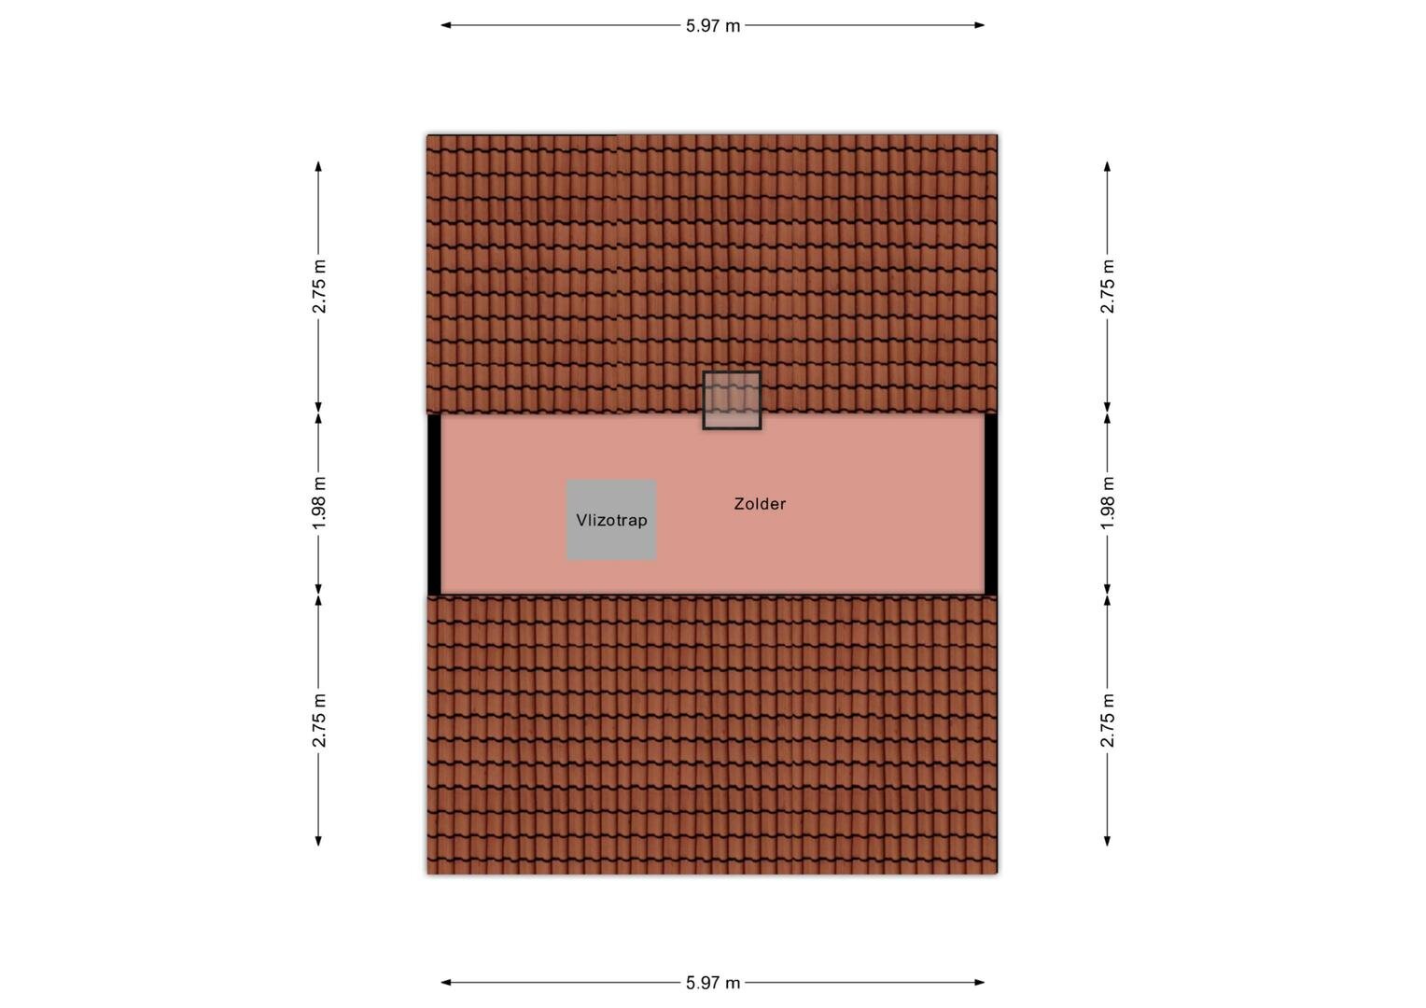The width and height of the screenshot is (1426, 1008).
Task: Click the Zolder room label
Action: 760,504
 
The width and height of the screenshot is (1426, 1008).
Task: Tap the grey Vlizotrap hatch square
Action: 611,520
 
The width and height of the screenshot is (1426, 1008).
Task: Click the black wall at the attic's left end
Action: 434,504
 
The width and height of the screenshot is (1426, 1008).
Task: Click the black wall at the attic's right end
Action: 990,504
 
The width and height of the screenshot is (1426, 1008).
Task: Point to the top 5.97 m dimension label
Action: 713,25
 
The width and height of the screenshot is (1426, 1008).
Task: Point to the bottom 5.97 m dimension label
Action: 713,983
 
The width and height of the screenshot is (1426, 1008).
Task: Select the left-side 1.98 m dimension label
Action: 319,503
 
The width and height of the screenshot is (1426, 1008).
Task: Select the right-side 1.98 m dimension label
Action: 1107,503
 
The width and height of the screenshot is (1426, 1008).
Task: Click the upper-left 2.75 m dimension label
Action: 319,287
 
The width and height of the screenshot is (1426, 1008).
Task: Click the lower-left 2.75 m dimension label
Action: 319,721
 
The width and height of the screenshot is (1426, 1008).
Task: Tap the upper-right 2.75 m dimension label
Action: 1107,287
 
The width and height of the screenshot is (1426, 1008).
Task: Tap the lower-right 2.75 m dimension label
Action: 1107,721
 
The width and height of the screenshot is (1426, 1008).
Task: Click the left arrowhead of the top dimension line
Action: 446,25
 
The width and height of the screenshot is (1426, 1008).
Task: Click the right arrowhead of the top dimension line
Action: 980,25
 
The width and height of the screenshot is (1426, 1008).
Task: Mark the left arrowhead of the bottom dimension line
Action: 446,983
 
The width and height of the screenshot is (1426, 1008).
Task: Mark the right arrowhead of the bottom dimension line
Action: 980,983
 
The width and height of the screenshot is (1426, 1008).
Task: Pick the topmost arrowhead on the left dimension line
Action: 318,166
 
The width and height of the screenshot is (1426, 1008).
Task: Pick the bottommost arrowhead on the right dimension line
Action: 1107,841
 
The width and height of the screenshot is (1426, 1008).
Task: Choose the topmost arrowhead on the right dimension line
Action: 1107,166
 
